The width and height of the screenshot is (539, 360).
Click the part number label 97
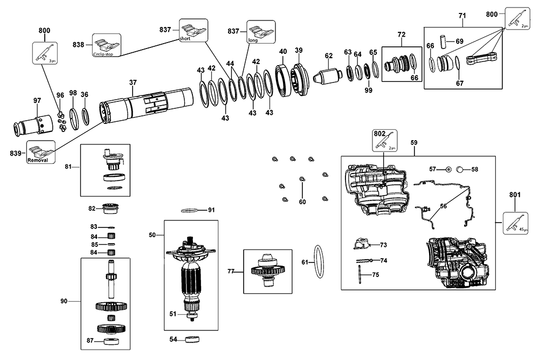[x=37, y=100]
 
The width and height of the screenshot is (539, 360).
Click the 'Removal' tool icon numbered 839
[x=42, y=154]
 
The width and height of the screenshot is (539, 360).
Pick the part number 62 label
[x=329, y=55]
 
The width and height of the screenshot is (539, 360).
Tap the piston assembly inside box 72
[x=397, y=64]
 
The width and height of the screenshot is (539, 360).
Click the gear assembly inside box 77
[x=268, y=269]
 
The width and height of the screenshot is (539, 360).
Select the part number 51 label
[x=173, y=313]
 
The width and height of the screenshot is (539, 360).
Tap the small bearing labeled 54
[x=191, y=340]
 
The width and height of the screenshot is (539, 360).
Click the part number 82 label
[x=92, y=208]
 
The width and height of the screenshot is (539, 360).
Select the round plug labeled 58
[x=460, y=169]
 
